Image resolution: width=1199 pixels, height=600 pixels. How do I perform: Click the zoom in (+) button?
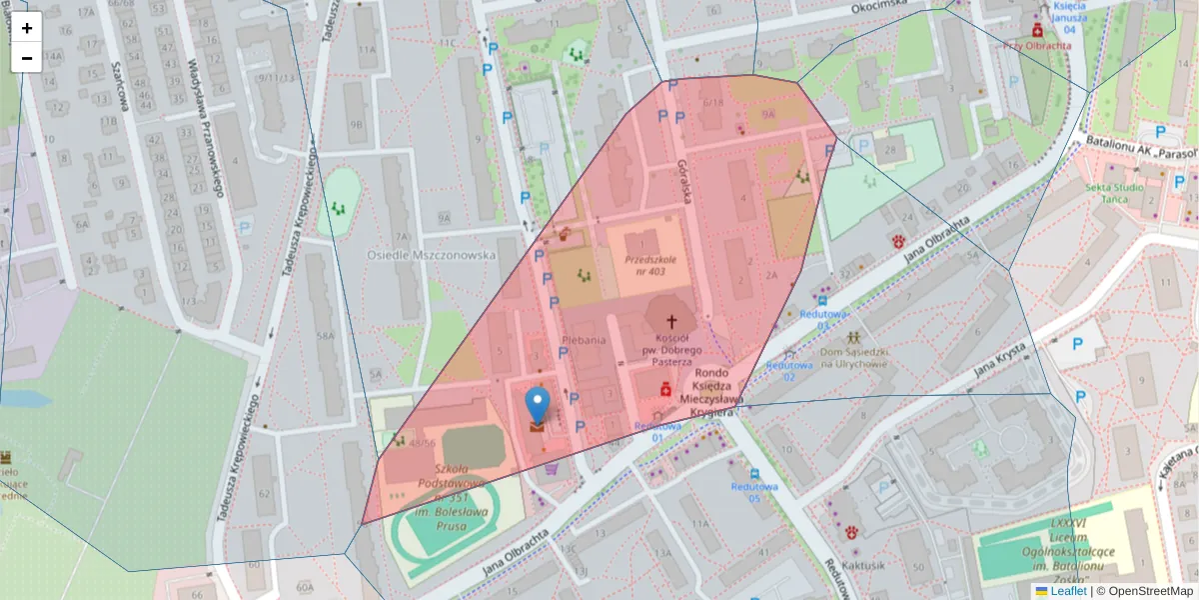click(x=27, y=28)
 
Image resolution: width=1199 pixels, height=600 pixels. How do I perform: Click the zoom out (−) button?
click(x=27, y=58)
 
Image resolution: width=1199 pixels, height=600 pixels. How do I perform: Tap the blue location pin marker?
click(x=538, y=406)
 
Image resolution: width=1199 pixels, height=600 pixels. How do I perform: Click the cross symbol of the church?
click(x=671, y=322)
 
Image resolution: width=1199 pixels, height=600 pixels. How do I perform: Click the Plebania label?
click(x=585, y=340)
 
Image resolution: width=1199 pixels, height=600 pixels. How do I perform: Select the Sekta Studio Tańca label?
click(x=1115, y=193)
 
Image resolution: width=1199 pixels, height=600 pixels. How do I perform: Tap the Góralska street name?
click(x=685, y=181)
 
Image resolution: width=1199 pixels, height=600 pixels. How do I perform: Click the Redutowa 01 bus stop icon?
click(x=821, y=299)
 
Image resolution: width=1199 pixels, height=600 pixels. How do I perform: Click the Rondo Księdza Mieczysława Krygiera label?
click(x=721, y=394)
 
